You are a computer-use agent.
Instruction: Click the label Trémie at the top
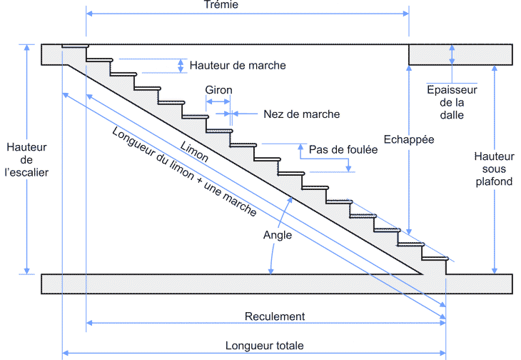pyautogui.click(x=220, y=5)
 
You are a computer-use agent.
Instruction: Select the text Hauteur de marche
pyautogui.click(x=238, y=65)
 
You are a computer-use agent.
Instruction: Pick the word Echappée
pyautogui.click(x=408, y=139)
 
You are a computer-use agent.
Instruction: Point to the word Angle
pyautogui.click(x=277, y=235)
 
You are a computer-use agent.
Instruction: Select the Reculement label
pyautogui.click(x=275, y=316)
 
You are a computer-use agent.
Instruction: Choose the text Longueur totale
pyautogui.click(x=264, y=346)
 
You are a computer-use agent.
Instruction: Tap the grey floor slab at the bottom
pyautogui.click(x=214, y=284)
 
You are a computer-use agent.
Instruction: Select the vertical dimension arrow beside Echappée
pyautogui.click(x=409, y=179)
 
